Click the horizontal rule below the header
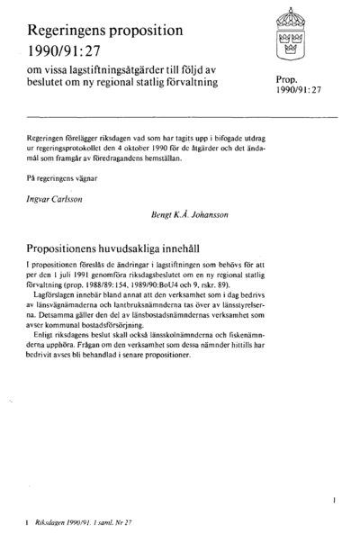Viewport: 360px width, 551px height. point(180,117)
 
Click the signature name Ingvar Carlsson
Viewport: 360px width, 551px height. point(59,190)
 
